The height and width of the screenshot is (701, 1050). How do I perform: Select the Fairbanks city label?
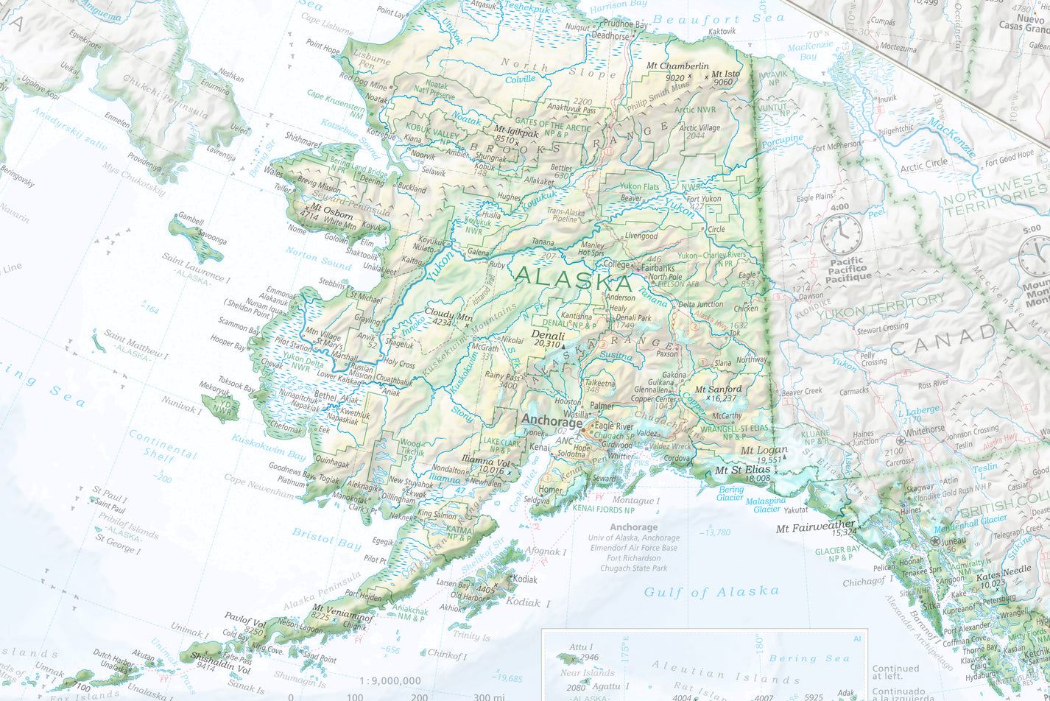pos(660,269)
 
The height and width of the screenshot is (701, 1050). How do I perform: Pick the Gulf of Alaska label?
pos(711,591)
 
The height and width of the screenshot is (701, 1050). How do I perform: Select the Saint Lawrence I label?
pos(196,270)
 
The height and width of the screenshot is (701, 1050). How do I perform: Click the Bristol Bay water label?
pos(326,538)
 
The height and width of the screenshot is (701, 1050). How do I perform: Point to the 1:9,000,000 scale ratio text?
pos(390,681)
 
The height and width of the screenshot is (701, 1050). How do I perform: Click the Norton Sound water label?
pos(318,258)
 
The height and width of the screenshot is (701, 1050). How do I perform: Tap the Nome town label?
pos(297,230)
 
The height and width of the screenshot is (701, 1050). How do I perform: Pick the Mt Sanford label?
pos(719,389)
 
